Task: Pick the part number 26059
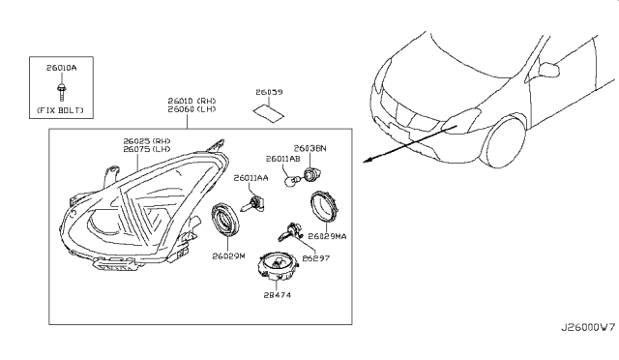click(269, 93)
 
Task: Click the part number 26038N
click(311, 148)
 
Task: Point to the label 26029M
click(230, 257)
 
